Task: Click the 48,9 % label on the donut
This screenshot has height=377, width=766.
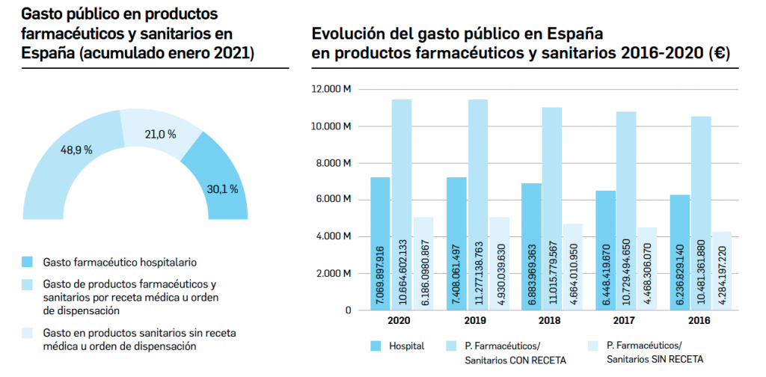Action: click(x=76, y=150)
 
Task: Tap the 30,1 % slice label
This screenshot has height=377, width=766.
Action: click(x=222, y=189)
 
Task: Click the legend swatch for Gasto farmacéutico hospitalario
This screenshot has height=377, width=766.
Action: click(x=28, y=262)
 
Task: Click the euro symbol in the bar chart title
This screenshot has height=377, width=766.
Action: click(x=721, y=54)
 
